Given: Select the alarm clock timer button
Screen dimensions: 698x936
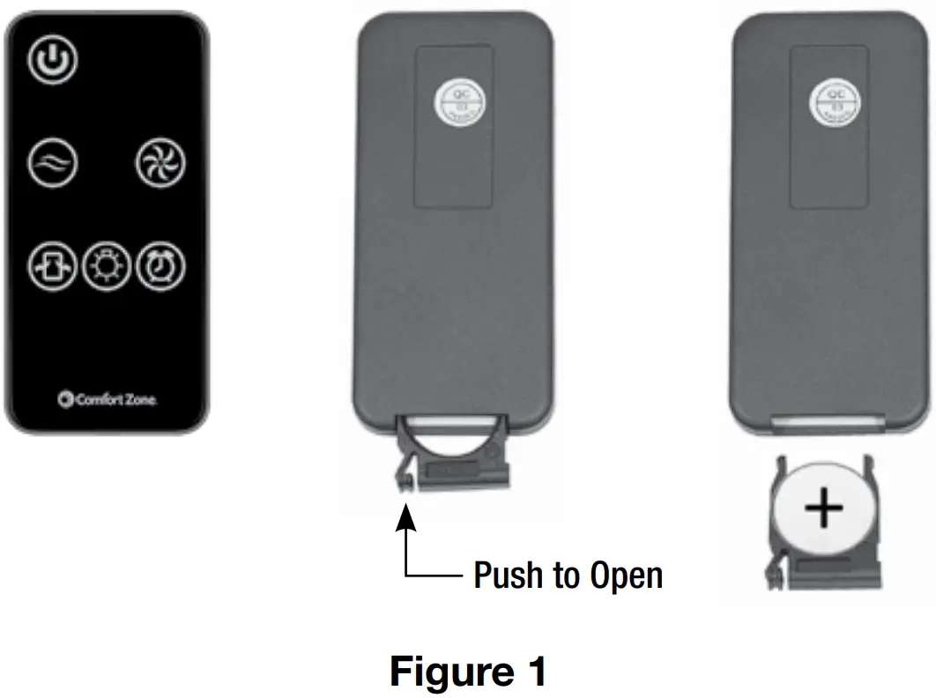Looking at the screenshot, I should (160, 265).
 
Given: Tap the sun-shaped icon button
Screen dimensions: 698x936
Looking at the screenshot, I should (107, 265).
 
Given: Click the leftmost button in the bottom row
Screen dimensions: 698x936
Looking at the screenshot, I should (53, 265).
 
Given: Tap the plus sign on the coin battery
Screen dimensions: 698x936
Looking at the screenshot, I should (824, 509).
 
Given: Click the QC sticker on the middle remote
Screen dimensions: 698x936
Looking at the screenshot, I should (457, 103).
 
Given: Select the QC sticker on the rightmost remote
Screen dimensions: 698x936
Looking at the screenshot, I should (830, 103).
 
